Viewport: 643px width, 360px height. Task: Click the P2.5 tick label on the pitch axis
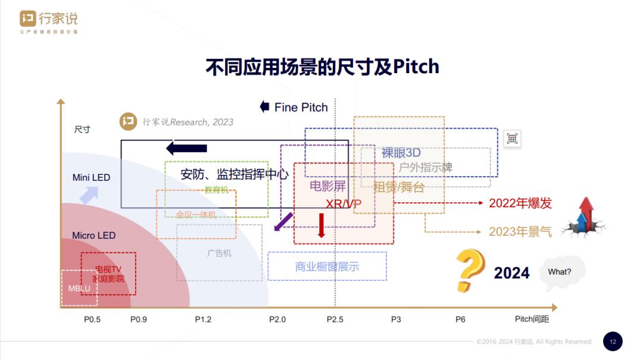tap(335, 320)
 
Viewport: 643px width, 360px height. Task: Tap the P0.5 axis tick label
tap(92, 320)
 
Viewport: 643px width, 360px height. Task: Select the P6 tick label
tap(460, 320)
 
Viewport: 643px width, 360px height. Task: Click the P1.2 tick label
tap(203, 320)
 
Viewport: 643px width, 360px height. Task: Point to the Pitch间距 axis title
tap(532, 320)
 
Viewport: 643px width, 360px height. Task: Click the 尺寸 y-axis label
tap(82, 129)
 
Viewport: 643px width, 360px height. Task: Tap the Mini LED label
tap(91, 177)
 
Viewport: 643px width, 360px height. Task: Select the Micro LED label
tap(93, 236)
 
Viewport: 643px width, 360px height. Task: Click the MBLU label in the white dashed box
tap(79, 289)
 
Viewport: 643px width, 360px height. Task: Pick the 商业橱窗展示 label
tap(327, 267)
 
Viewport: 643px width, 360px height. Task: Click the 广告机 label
tap(219, 253)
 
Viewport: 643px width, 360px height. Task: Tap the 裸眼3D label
tap(401, 153)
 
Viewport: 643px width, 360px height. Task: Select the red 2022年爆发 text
tap(520, 204)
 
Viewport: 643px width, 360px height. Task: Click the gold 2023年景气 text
tap(520, 231)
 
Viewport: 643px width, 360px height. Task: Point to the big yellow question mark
tap(469, 270)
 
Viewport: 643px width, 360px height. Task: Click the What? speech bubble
tap(560, 272)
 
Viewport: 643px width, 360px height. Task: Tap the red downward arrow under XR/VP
tap(321, 225)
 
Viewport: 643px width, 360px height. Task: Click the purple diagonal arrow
tap(283, 222)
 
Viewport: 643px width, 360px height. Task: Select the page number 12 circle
tap(613, 342)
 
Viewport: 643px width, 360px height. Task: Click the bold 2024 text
tap(511, 273)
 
